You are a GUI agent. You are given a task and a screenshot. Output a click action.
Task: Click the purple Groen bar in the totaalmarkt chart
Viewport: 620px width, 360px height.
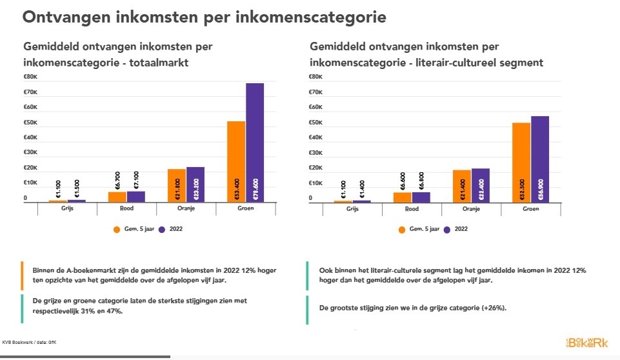tap(255, 143)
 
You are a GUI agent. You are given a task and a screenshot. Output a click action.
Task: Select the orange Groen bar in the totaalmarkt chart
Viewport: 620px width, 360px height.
tap(236, 161)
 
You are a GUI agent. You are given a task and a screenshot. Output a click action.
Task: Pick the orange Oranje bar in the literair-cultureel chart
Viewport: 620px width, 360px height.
tap(462, 186)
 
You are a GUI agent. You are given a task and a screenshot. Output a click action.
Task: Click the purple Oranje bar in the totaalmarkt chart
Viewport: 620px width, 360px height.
tap(195, 185)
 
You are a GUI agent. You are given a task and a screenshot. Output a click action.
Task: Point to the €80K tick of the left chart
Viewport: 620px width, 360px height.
tap(30, 77)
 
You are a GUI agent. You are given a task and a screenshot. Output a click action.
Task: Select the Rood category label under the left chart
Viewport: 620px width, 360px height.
tap(126, 209)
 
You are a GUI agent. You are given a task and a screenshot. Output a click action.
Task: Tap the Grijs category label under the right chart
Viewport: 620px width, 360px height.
tap(352, 209)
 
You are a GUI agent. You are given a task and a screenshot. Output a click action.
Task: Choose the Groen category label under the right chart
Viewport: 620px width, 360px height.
tap(530, 209)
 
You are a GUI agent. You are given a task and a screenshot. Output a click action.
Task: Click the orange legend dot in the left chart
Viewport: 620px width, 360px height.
tap(117, 228)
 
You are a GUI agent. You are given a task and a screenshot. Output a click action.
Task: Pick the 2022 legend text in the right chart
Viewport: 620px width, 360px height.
tap(461, 228)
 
